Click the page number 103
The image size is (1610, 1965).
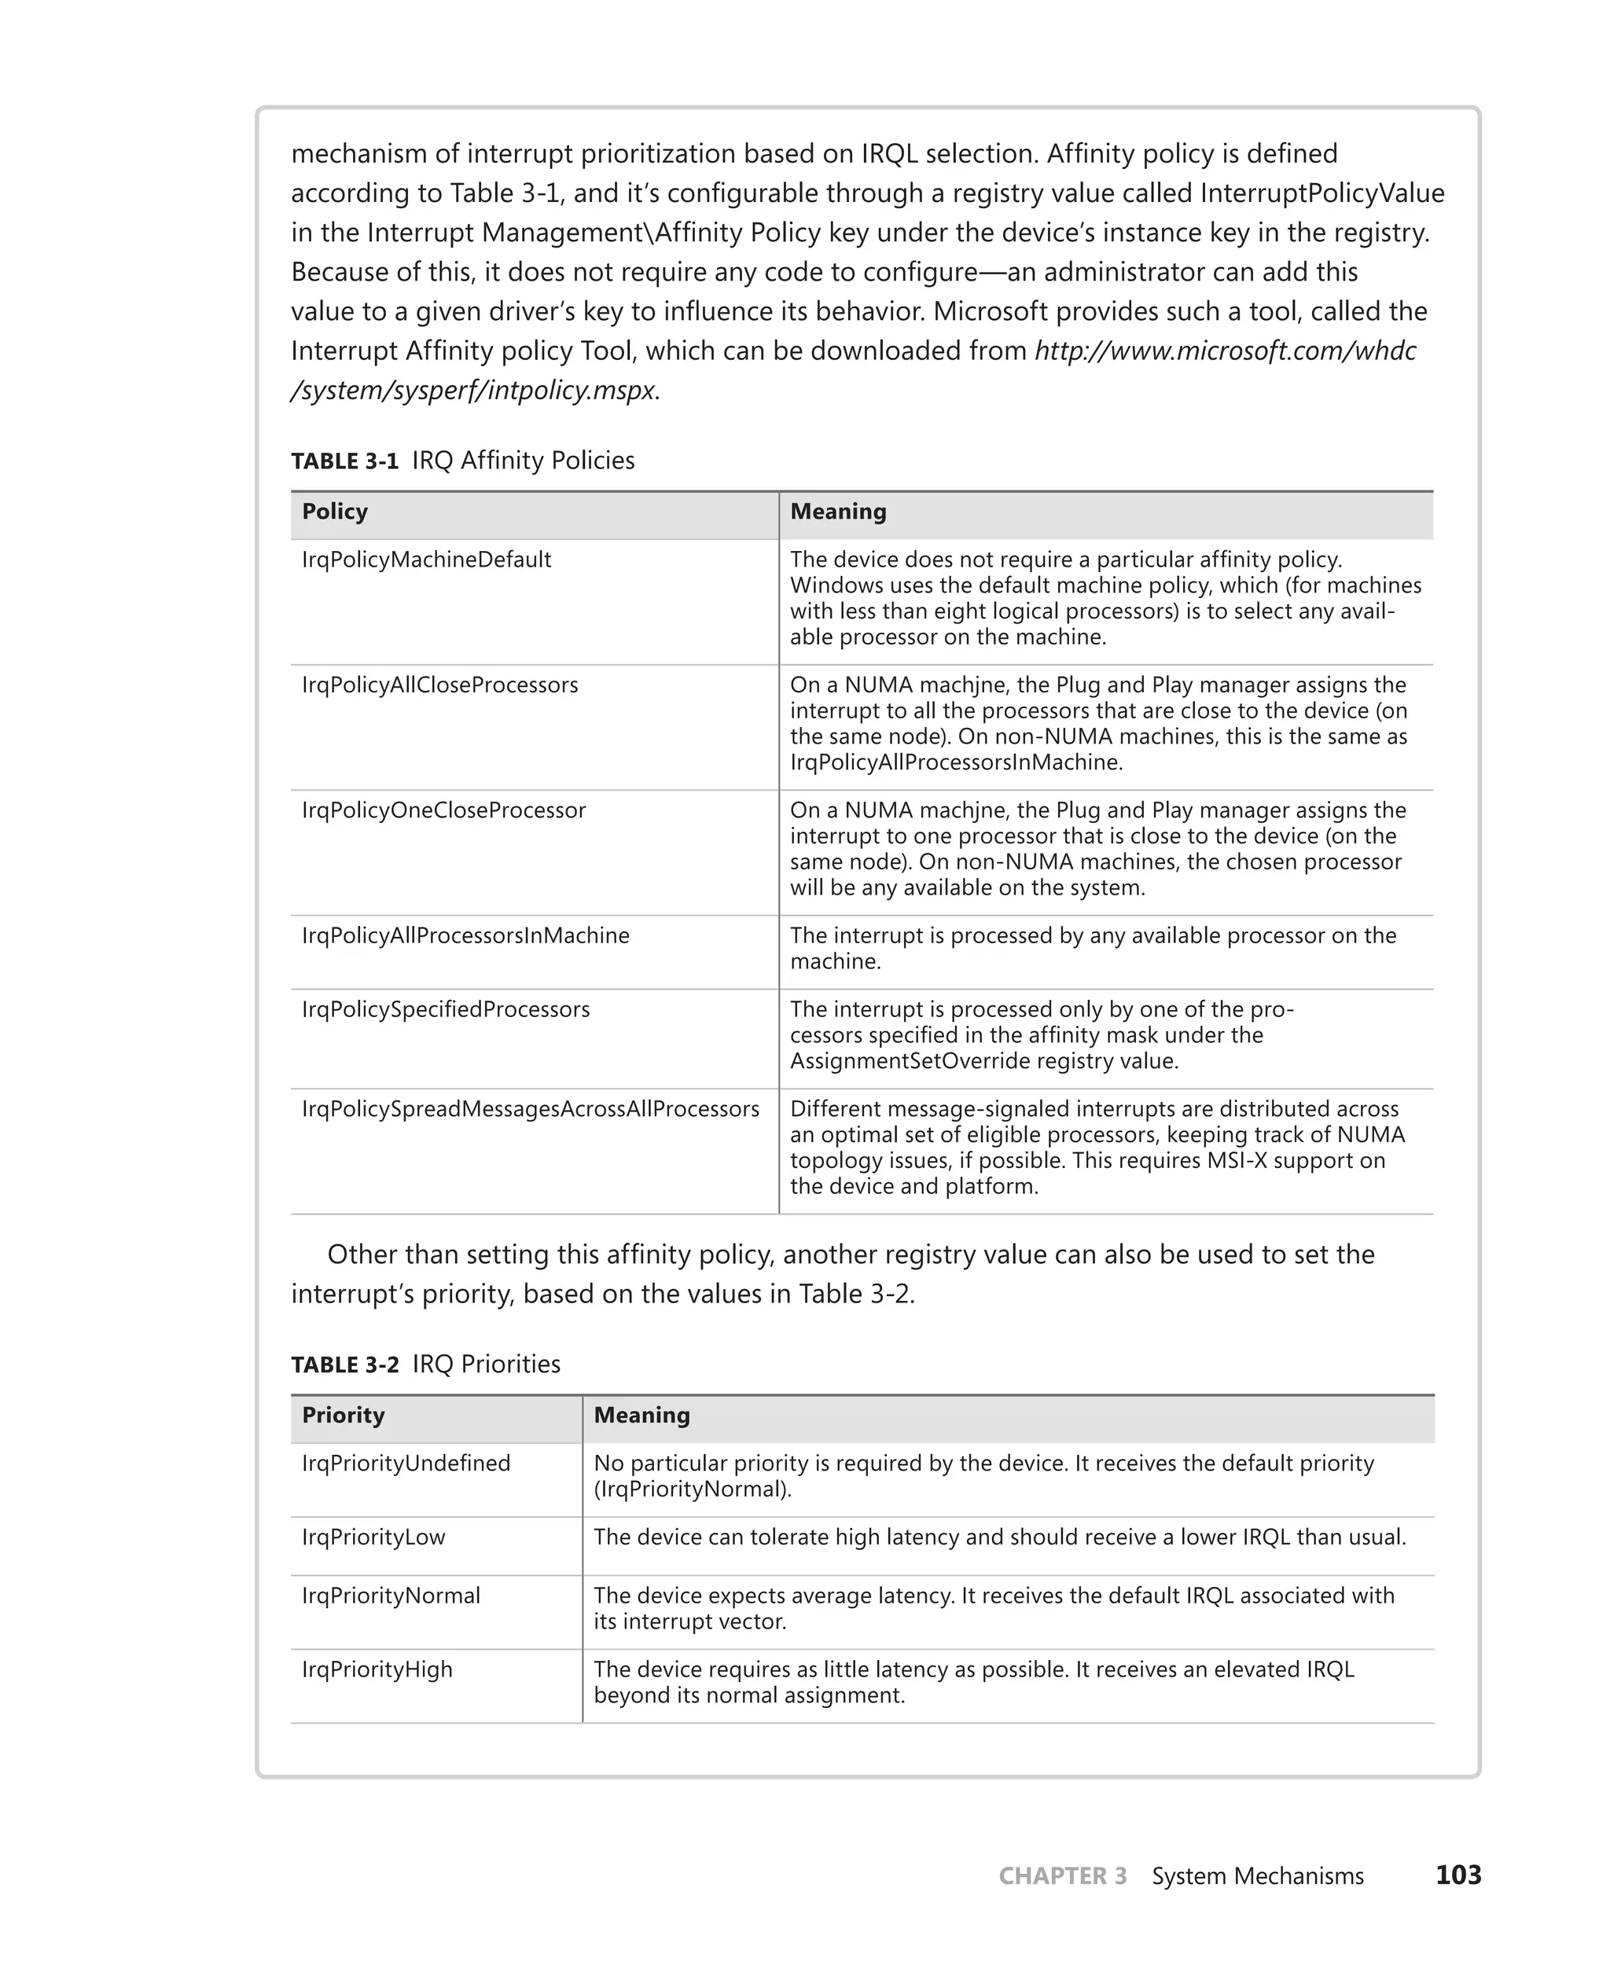coord(1458,1875)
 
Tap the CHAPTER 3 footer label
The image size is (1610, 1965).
coord(1062,1876)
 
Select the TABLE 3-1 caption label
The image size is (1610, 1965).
coord(344,461)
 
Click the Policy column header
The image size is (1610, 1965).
coord(335,512)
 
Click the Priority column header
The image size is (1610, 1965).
coord(342,1415)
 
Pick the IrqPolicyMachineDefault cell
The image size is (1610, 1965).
coord(427,560)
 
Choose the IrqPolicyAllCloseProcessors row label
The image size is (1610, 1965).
coord(439,685)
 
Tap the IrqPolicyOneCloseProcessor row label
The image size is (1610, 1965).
coord(443,810)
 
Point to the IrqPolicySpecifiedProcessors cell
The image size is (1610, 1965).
coord(445,1010)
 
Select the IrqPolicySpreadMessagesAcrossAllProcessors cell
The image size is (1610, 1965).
coord(530,1109)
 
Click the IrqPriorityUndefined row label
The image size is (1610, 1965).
coord(406,1464)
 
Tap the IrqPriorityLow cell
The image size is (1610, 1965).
coord(373,1537)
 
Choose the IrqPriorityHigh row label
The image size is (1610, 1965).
coord(377,1670)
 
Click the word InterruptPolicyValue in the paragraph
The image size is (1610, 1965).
coord(1321,193)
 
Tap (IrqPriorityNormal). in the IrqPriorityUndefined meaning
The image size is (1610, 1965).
coord(692,1489)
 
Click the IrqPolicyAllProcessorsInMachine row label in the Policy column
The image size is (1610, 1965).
coord(465,935)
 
